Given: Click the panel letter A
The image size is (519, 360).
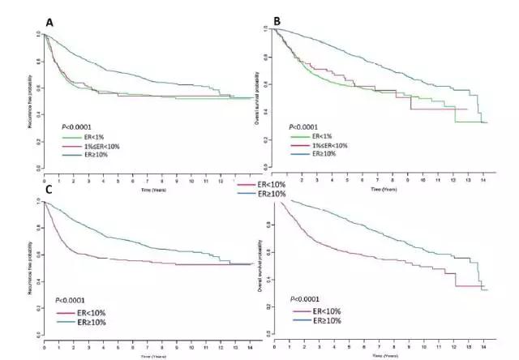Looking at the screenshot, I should [x=49, y=22].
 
